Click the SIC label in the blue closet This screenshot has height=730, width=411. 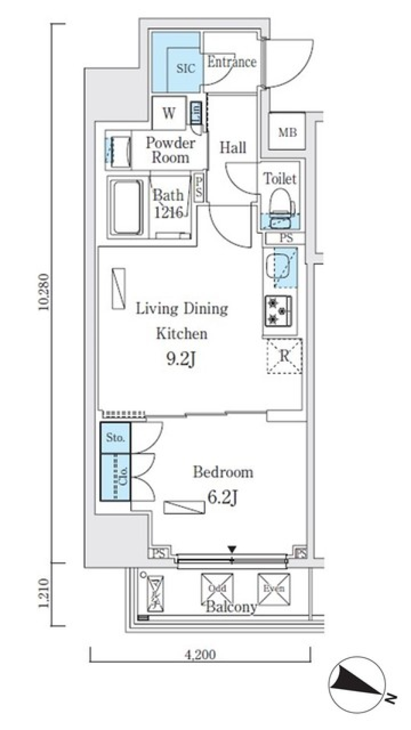coord(186,68)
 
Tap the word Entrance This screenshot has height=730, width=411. coord(232,62)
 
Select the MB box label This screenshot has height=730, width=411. coord(287,133)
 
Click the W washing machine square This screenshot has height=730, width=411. coord(169,113)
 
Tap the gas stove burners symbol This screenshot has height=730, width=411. coord(278,311)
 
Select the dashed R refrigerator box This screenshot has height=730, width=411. coord(284,356)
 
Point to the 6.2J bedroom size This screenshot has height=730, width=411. coord(222,497)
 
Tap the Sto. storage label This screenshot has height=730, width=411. coord(115,437)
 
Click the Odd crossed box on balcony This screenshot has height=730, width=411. coord(217,589)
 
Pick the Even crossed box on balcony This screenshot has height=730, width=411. coord(274,589)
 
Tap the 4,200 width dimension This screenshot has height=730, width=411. coord(200,654)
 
